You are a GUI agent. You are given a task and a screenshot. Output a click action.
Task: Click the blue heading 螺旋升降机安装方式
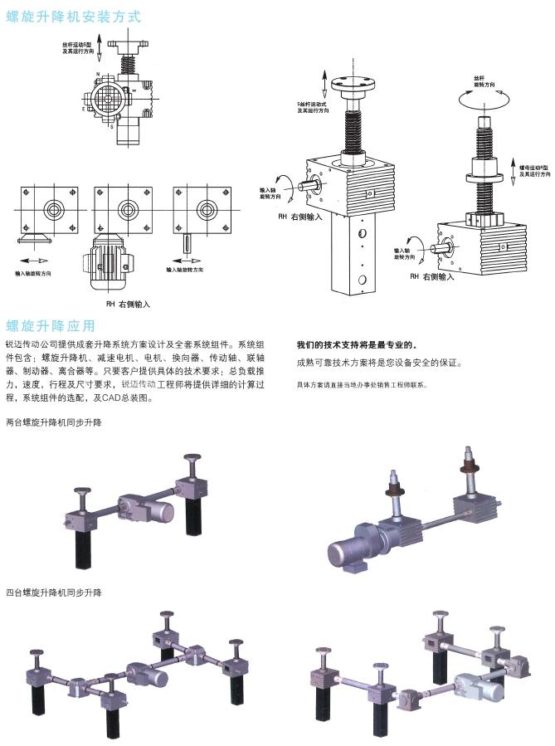(x=74, y=16)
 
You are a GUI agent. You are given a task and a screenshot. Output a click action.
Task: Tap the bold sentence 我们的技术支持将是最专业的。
(x=358, y=344)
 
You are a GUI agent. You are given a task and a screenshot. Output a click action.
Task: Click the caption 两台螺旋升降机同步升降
(x=53, y=423)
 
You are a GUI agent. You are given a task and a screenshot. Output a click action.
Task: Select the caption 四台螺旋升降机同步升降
(x=53, y=593)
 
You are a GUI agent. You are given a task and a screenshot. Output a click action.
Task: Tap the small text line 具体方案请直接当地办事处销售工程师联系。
(x=363, y=386)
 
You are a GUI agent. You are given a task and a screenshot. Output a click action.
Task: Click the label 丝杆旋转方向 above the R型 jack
(x=484, y=80)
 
